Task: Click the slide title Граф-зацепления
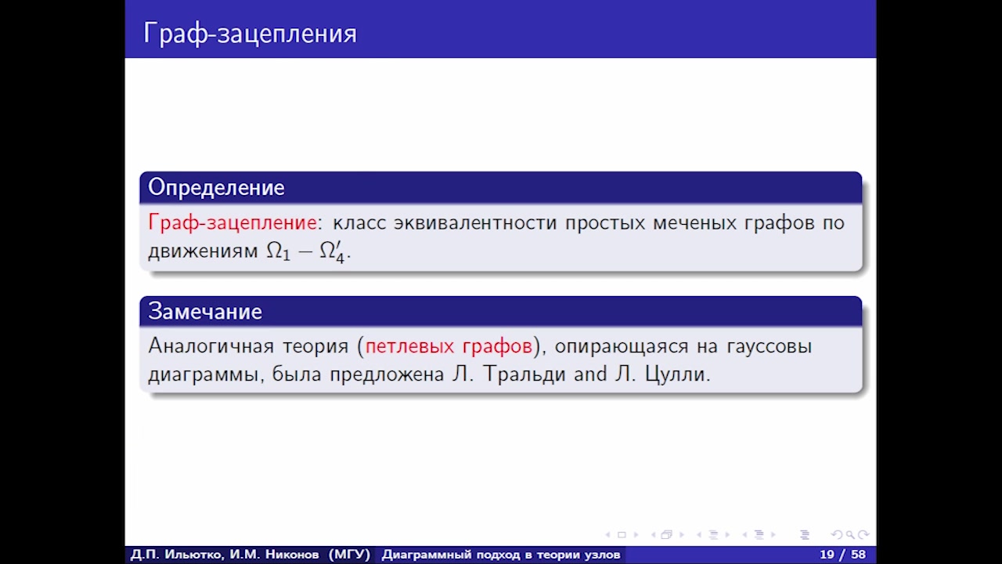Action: click(250, 34)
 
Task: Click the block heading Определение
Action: click(216, 187)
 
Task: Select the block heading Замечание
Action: click(205, 311)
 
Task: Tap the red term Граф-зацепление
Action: click(232, 222)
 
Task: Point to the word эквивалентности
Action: click(475, 223)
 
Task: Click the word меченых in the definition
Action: click(694, 223)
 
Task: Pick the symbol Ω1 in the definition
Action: click(278, 251)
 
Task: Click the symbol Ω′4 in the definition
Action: click(332, 252)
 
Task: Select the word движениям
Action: click(203, 251)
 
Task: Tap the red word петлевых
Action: click(409, 346)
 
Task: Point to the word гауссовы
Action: click(769, 347)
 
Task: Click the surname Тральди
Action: click(524, 374)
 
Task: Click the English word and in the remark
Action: click(590, 374)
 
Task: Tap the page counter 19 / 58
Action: click(842, 555)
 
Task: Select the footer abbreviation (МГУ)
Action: click(349, 555)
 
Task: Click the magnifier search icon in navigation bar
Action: click(850, 535)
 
